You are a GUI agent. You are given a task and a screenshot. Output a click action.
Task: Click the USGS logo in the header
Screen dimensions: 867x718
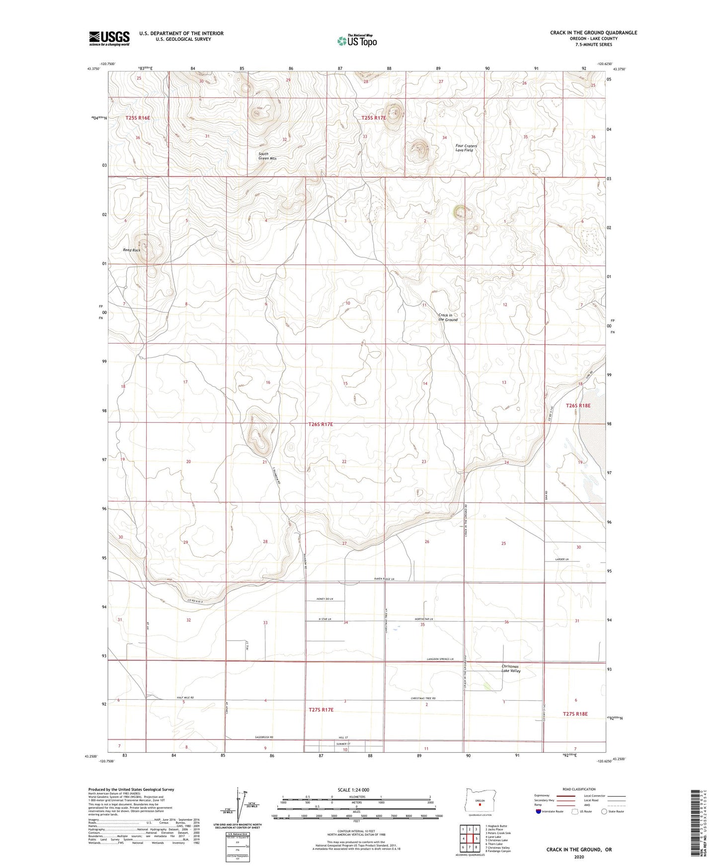tap(109, 38)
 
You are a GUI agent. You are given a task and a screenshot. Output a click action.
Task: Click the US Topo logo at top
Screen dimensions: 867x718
tap(356, 41)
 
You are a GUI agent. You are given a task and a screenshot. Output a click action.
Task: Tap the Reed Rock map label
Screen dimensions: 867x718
tap(132, 250)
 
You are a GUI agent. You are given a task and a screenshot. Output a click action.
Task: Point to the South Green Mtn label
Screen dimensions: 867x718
tap(267, 156)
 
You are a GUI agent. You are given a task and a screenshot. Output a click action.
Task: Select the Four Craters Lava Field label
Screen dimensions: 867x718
tap(466, 148)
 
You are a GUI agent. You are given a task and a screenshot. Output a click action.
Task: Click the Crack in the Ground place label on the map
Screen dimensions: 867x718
tap(448, 317)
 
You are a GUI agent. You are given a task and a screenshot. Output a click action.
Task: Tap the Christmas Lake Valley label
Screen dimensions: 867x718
tap(511, 668)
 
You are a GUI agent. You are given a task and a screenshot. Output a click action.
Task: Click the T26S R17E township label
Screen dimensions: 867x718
tap(320, 425)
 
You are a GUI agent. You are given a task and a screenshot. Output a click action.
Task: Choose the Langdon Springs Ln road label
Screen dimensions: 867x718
tap(440, 659)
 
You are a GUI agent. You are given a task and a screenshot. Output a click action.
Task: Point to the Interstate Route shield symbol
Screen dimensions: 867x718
tap(539, 811)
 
